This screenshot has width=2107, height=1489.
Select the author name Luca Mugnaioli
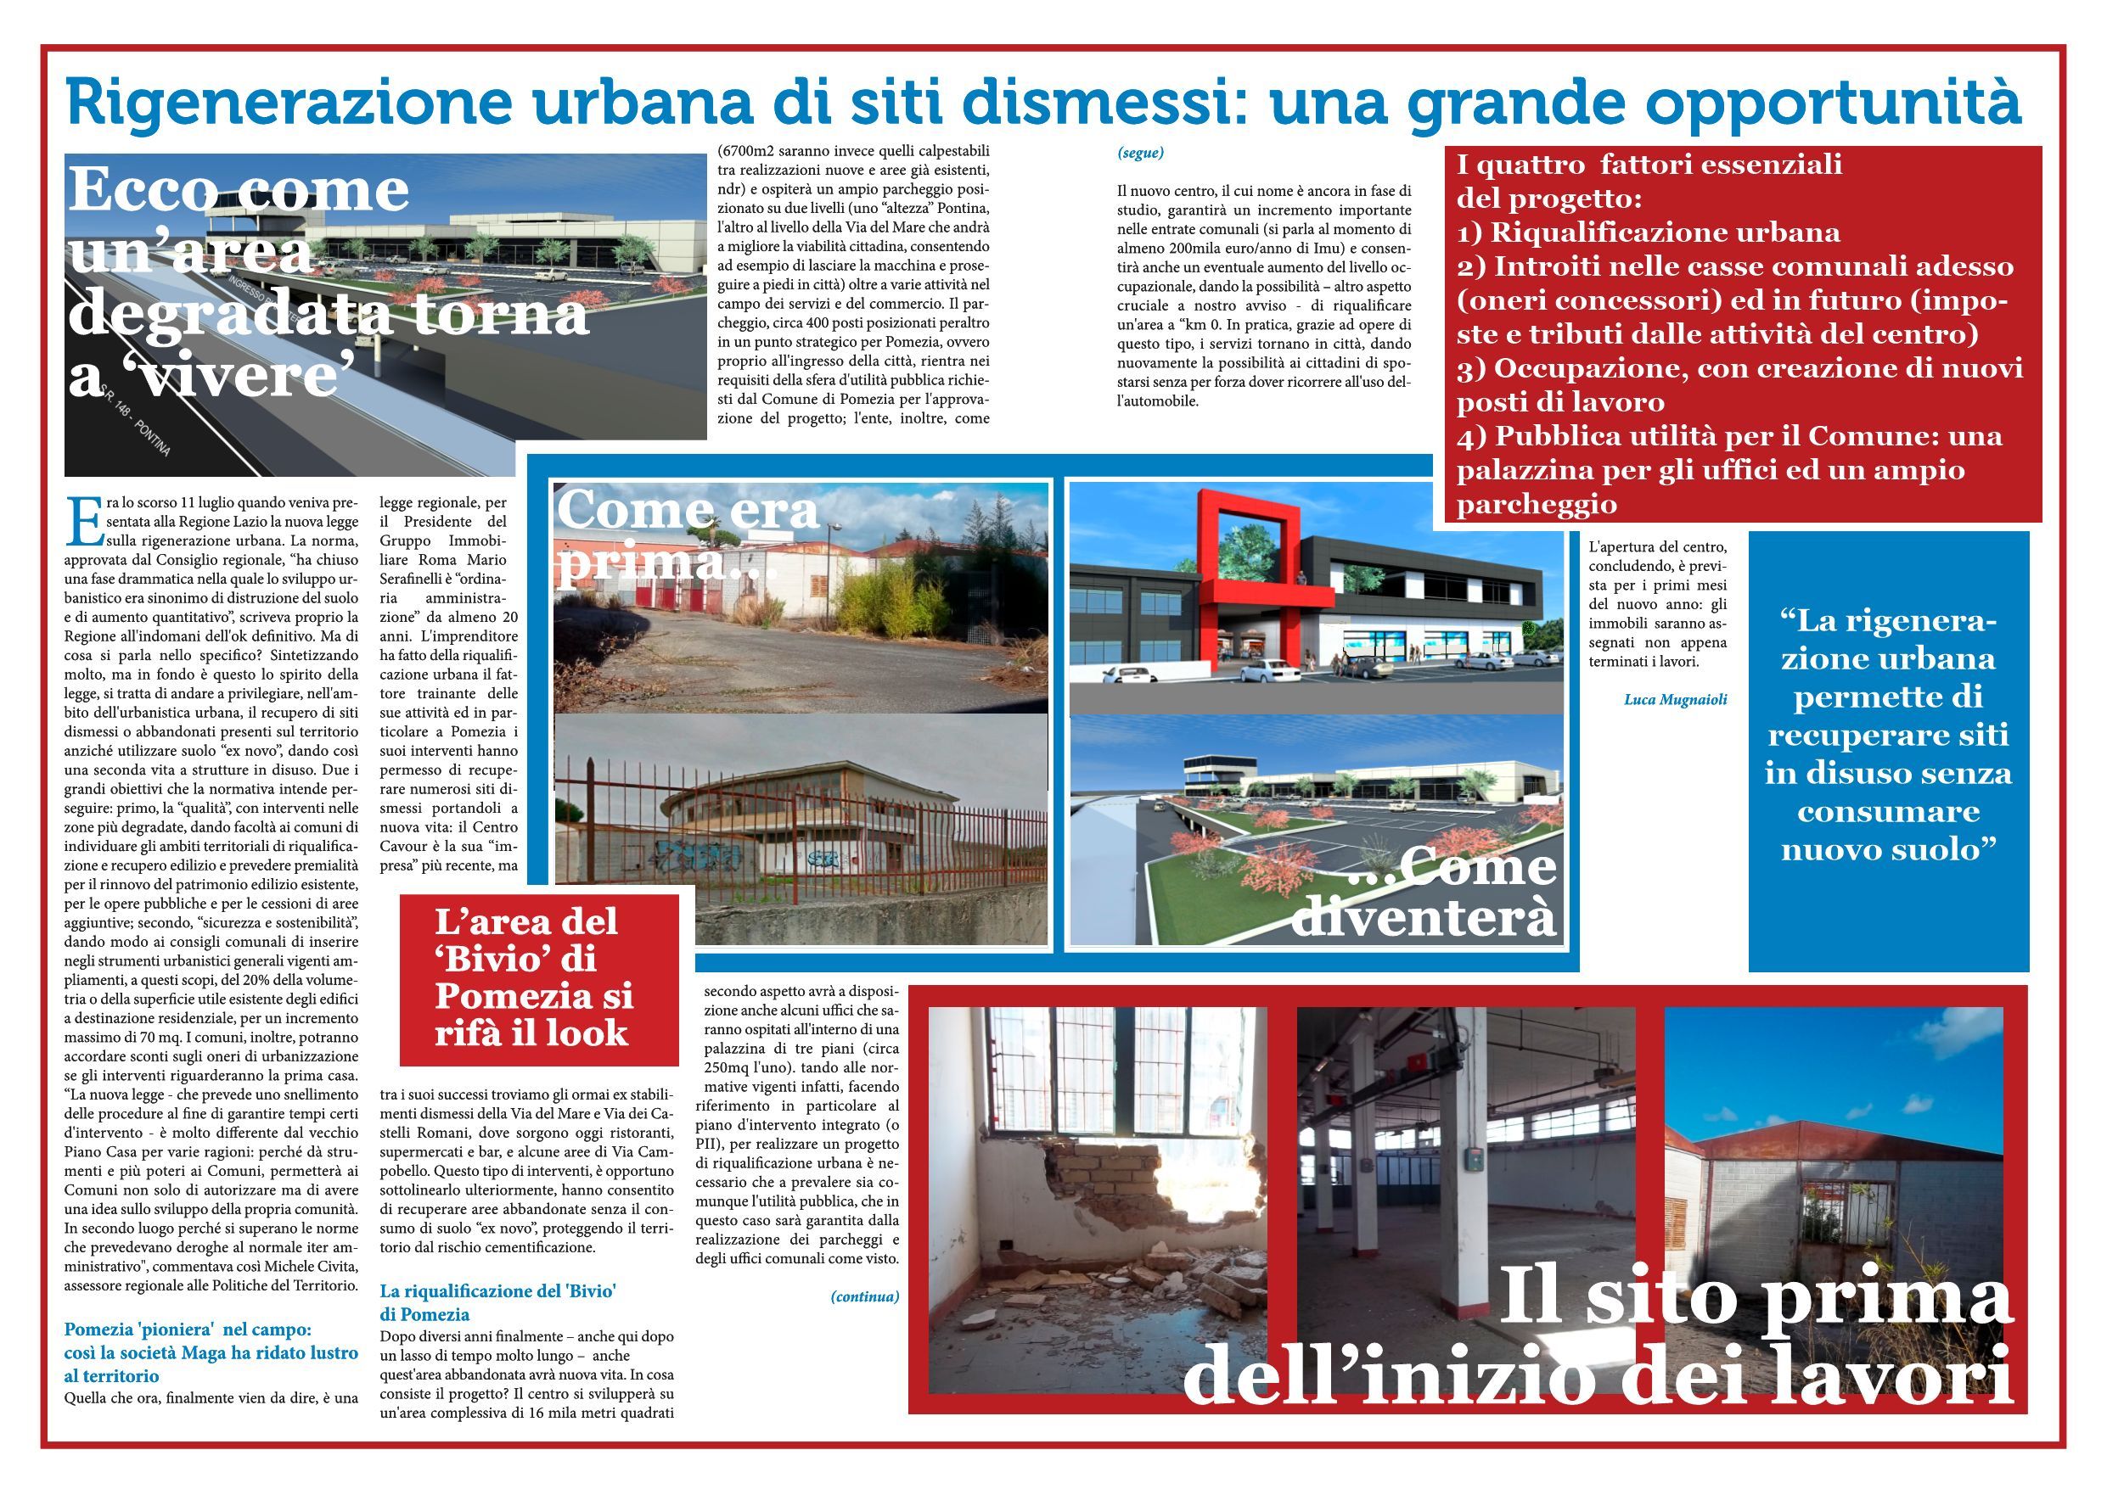pyautogui.click(x=1675, y=699)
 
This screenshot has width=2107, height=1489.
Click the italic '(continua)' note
pyautogui.click(x=864, y=1296)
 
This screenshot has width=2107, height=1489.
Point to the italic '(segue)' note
pyautogui.click(x=1141, y=153)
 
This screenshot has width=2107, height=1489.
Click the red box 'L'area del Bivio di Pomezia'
pyautogui.click(x=539, y=978)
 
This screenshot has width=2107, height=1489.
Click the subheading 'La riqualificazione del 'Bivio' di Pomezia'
pyautogui.click(x=498, y=1301)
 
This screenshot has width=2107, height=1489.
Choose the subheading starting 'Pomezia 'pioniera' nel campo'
pyautogui.click(x=211, y=1352)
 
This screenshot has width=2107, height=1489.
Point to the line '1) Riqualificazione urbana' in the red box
pyautogui.click(x=1648, y=232)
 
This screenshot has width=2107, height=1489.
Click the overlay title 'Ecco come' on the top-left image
pyautogui.click(x=239, y=190)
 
